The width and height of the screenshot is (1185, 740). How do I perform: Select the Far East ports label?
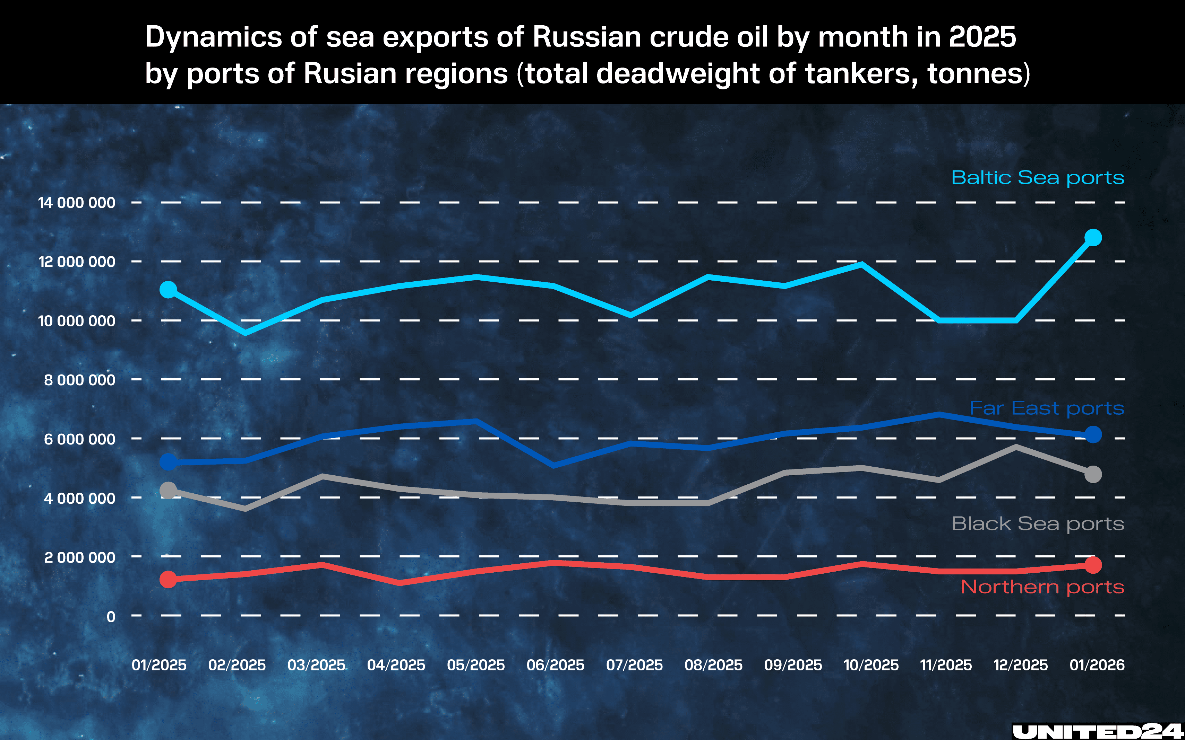click(1046, 408)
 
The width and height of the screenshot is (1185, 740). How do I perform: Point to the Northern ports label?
click(1042, 587)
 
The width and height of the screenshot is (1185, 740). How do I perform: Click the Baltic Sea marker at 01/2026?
click(1093, 238)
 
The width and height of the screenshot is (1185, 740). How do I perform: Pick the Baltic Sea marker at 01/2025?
click(169, 290)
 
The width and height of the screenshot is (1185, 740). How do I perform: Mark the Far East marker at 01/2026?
click(1093, 434)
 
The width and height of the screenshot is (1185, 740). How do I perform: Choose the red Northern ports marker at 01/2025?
click(169, 580)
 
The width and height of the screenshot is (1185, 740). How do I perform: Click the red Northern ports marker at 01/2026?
click(1093, 565)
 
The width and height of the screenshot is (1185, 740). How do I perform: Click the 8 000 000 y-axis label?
click(80, 380)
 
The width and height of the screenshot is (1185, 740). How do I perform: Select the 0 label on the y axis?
click(111, 617)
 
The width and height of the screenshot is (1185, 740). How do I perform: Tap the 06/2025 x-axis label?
click(555, 665)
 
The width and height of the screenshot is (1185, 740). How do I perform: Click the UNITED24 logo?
click(1097, 731)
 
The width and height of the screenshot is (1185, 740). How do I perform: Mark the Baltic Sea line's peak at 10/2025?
click(861, 265)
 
